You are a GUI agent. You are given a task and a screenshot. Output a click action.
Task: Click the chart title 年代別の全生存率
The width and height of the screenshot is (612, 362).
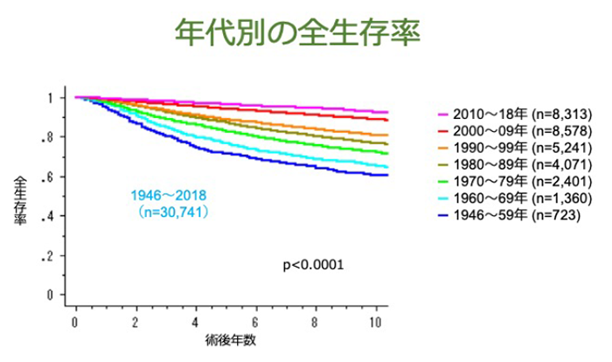[x=298, y=35]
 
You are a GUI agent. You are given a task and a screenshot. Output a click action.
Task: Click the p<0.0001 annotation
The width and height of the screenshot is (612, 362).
[x=312, y=261]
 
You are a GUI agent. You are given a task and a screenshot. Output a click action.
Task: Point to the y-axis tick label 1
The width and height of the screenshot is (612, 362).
[x=52, y=97]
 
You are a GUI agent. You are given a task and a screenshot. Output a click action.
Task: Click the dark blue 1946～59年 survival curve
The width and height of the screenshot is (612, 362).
[x=262, y=159]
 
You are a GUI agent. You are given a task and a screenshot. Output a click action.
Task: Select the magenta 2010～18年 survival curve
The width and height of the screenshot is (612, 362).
[x=262, y=103]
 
